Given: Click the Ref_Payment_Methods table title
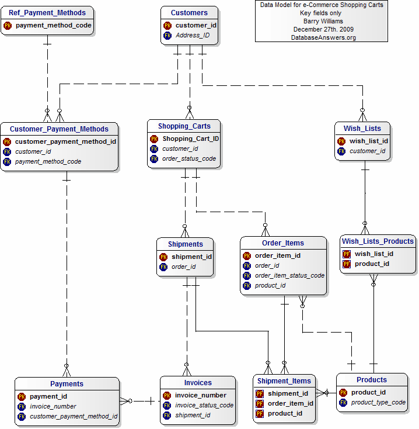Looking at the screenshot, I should tap(47, 12).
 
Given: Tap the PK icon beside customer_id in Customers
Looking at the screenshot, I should tap(167, 26).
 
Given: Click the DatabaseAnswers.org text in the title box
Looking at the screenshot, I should tap(323, 37).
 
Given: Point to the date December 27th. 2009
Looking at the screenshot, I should tap(323, 29).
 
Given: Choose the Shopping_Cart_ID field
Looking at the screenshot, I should tap(191, 139).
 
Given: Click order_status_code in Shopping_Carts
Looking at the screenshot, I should tap(189, 159).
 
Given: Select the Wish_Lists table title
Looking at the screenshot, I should tap(362, 129).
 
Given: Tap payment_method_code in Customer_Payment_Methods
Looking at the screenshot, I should tap(48, 161).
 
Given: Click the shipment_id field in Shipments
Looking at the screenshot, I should tap(191, 257).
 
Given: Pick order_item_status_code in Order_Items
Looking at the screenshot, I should tap(289, 276).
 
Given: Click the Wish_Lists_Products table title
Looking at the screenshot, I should tap(378, 241).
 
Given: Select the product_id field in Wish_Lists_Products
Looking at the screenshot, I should tap(372, 264).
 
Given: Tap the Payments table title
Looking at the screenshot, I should tap(67, 384).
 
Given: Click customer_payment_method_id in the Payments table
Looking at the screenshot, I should tap(74, 417).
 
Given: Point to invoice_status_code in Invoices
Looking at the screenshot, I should tap(204, 406).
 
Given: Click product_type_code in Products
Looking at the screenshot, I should tap(378, 403).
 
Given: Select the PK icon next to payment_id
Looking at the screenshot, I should tap(22, 397).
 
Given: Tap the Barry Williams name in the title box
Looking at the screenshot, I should tap(323, 21).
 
